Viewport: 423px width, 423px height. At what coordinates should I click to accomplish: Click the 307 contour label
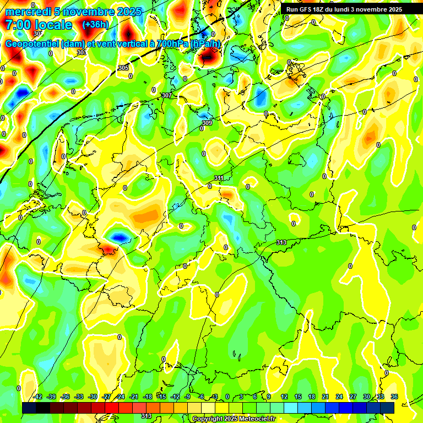point(167,96)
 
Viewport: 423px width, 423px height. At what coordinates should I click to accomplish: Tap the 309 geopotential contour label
point(207,123)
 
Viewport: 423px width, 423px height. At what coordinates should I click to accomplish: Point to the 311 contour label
point(219,178)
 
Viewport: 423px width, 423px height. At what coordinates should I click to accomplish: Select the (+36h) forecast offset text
point(95,25)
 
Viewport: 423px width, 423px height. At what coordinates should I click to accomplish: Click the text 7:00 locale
point(38,25)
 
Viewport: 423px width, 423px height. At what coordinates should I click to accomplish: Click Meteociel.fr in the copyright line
point(254,419)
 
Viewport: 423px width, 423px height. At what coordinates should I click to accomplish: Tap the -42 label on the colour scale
point(37,397)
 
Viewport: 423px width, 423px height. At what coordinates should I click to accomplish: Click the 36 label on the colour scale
point(394,397)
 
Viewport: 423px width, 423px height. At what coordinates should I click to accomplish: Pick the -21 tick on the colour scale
point(134,397)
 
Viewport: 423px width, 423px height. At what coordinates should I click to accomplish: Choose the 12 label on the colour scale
point(284,397)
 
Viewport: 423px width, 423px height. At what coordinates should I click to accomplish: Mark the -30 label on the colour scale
point(93,397)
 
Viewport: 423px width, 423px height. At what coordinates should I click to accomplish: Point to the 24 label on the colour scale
point(339,397)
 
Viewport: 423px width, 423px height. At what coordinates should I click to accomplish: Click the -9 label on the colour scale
point(188,397)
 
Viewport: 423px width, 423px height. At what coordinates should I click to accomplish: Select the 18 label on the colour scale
point(312,397)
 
